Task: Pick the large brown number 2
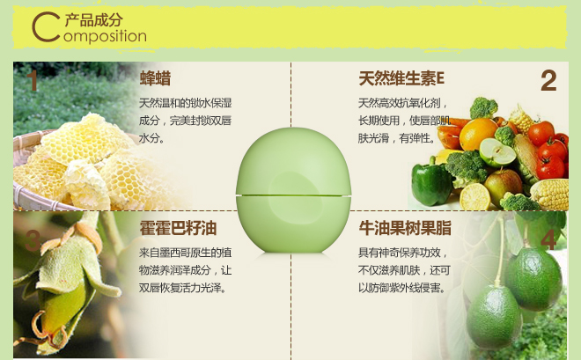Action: (548, 82)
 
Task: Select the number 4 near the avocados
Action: (548, 239)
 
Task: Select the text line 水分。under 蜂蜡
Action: (152, 138)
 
